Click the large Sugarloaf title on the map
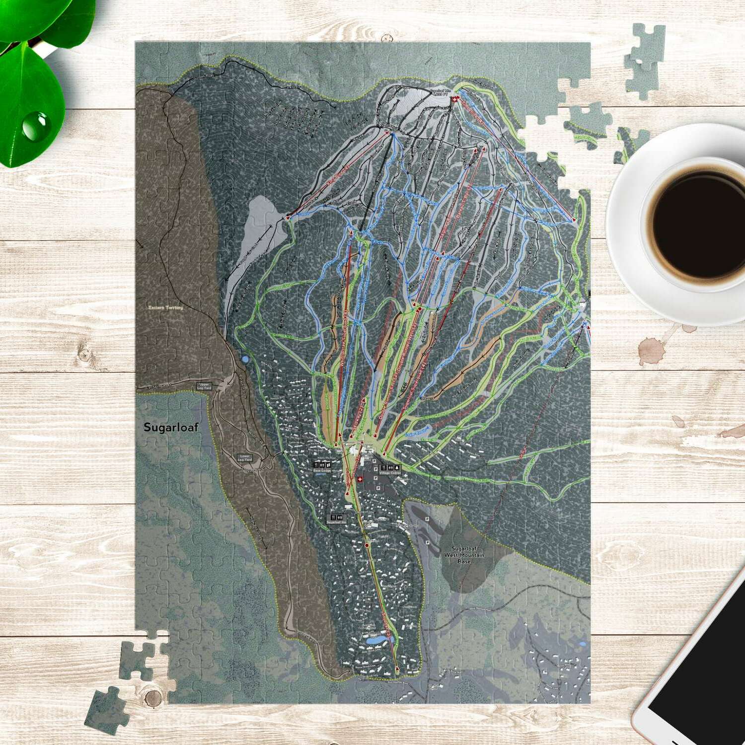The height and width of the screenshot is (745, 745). click(170, 427)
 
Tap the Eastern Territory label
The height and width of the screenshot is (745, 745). click(166, 308)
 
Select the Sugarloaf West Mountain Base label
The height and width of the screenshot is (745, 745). click(463, 555)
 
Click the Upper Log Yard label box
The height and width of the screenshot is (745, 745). click(204, 385)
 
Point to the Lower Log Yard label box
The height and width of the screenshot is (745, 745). click(244, 457)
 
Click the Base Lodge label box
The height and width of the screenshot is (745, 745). click(321, 467)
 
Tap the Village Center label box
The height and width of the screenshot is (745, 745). click(390, 469)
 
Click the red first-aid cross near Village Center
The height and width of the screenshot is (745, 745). click(360, 479)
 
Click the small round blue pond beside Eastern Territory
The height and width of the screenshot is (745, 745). click(244, 359)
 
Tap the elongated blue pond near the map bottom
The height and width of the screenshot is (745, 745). click(375, 641)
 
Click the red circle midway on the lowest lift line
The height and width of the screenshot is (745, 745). click(367, 545)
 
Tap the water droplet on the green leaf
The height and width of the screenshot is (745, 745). click(34, 126)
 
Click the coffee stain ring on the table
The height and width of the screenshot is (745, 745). click(652, 351)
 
